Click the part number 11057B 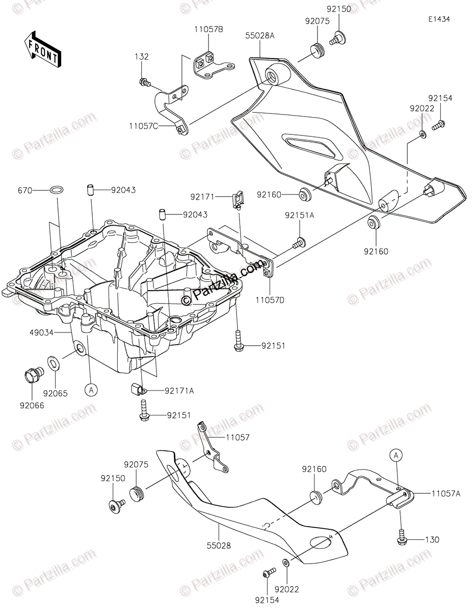pos(208,29)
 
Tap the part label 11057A pos(445,493)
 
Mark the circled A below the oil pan pos(90,390)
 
